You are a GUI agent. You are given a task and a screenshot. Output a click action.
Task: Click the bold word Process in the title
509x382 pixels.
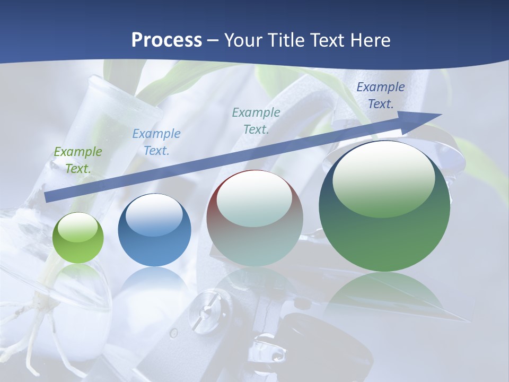(x=166, y=40)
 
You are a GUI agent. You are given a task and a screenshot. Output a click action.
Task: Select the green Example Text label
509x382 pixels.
(x=78, y=160)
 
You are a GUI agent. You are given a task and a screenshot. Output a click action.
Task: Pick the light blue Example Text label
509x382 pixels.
(x=156, y=142)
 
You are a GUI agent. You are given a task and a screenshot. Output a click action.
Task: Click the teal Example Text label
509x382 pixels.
(x=256, y=121)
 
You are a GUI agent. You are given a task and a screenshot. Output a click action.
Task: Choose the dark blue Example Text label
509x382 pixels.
(x=381, y=95)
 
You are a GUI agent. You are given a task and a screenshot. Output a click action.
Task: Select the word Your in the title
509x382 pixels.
(x=243, y=40)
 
